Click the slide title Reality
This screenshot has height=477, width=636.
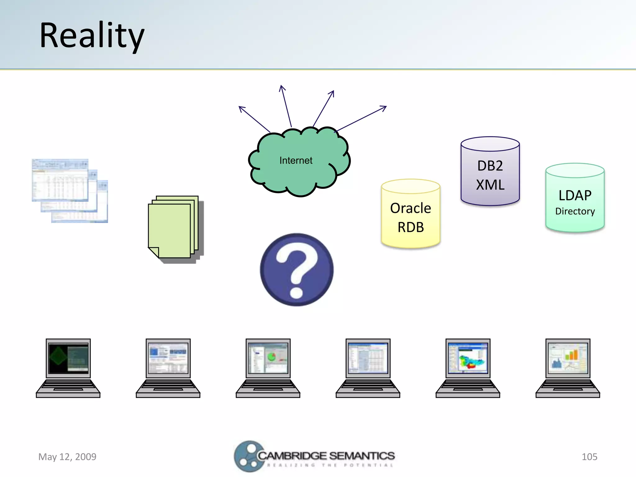coord(92,36)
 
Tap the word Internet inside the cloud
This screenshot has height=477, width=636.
coord(296,161)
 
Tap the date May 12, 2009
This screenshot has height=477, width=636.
coord(67,457)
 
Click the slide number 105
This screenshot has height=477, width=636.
coord(589,457)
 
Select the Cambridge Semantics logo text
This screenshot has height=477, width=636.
coord(326,456)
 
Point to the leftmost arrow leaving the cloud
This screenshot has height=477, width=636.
coord(254,119)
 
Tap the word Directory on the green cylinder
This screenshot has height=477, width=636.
coord(575,211)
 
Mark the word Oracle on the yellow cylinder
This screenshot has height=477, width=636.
coord(411,208)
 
